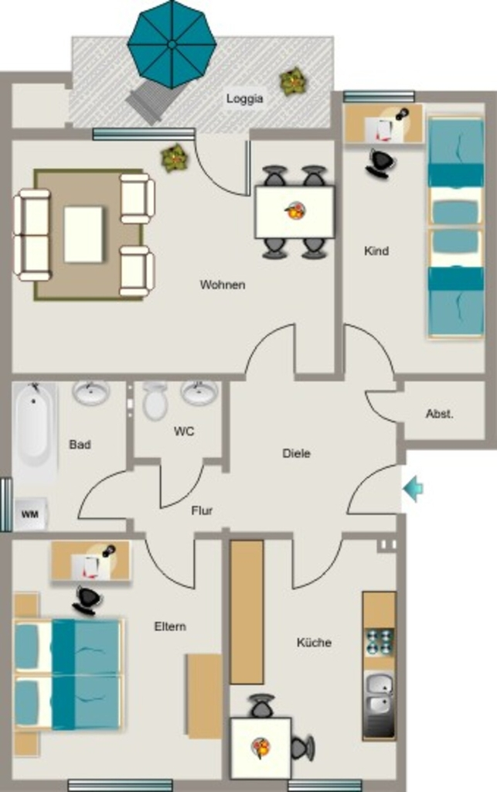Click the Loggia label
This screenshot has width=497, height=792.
pyautogui.click(x=245, y=98)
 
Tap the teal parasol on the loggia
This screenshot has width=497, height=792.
pyautogui.click(x=172, y=44)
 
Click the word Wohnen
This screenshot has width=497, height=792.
pyautogui.click(x=223, y=285)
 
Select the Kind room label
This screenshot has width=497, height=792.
pyautogui.click(x=376, y=251)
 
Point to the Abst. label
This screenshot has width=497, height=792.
pyautogui.click(x=440, y=414)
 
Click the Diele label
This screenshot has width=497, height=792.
pyautogui.click(x=296, y=453)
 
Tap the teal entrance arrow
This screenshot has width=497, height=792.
pyautogui.click(x=414, y=489)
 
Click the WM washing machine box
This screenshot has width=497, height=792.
pyautogui.click(x=30, y=514)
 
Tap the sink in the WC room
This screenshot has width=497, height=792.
pyautogui.click(x=200, y=393)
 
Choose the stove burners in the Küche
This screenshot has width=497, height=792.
pyautogui.click(x=380, y=641)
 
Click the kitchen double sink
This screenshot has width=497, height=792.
pyautogui.click(x=380, y=692)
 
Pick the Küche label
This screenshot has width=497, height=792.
pyautogui.click(x=314, y=643)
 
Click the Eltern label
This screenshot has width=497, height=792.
pyautogui.click(x=170, y=626)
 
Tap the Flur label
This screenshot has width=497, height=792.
pyautogui.click(x=202, y=510)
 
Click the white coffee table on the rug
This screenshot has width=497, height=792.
pyautogui.click(x=83, y=234)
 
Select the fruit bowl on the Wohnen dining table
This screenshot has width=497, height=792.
pyautogui.click(x=294, y=210)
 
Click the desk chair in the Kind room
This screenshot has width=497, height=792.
pyautogui.click(x=381, y=163)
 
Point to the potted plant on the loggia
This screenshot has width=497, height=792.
pyautogui.click(x=293, y=81)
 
